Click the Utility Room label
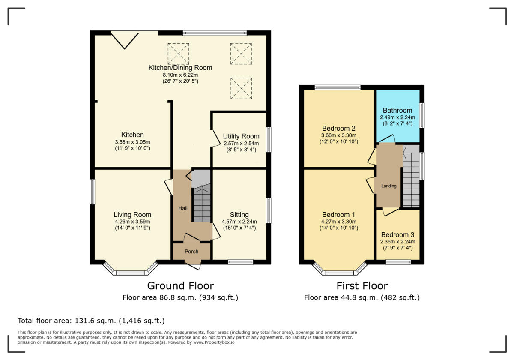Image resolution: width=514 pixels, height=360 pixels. click(241, 136)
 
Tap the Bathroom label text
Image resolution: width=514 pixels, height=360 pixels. click(397, 110)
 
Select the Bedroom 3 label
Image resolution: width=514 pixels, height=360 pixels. click(397, 235)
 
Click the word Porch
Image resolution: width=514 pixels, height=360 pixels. click(191, 252)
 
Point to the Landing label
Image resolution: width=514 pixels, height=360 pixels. click(388, 186)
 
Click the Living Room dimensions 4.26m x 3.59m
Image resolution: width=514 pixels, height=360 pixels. click(132, 222)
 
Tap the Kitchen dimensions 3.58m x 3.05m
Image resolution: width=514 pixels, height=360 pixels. click(132, 142)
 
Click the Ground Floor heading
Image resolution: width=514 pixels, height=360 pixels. click(180, 286)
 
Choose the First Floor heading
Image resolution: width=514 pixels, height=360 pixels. click(362, 286)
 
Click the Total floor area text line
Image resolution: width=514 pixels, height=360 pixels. click(91, 321)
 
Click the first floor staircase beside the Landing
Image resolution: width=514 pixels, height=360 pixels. click(411, 178)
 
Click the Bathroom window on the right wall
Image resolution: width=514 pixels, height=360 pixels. click(422, 115)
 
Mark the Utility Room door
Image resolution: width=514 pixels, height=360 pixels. click(214, 138)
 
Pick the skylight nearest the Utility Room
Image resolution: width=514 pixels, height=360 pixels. click(241, 88)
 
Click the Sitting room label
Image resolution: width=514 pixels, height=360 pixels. click(239, 215)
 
